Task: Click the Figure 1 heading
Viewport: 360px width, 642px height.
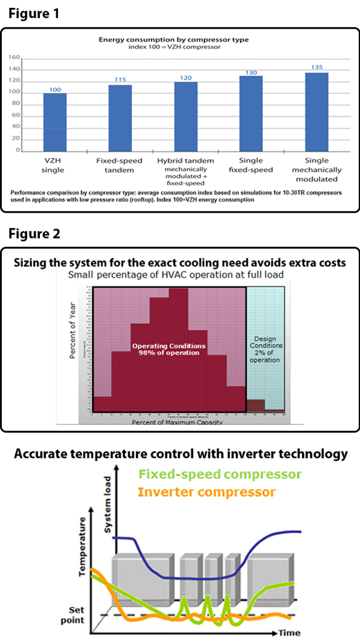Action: (33, 14)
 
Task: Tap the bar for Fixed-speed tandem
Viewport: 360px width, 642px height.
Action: (120, 118)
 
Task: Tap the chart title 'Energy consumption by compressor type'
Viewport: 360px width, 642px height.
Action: (173, 40)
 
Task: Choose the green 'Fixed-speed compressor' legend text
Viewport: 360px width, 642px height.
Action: (219, 474)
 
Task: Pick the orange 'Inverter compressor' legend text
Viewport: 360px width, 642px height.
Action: (206, 492)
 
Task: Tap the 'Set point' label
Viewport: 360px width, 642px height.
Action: (76, 615)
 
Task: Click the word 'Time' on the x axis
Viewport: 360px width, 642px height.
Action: (290, 632)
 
